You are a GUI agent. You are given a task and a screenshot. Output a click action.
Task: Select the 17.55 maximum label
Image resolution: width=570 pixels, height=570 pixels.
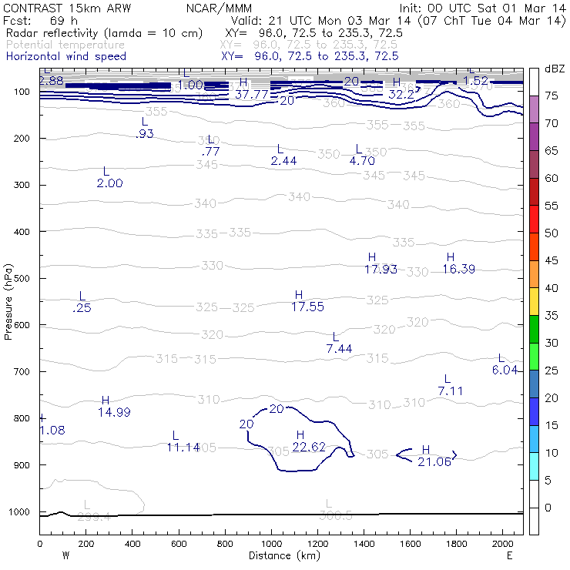click(x=307, y=307)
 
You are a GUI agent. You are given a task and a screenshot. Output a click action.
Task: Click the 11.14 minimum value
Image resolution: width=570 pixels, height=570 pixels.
click(x=183, y=447)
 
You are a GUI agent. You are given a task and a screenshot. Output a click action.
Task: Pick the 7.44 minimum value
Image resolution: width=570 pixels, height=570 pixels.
click(x=339, y=349)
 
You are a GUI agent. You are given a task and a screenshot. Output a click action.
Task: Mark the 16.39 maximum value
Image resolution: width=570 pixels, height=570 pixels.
click(x=459, y=269)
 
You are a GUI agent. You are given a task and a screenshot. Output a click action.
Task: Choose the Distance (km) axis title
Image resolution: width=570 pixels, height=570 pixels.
click(x=282, y=555)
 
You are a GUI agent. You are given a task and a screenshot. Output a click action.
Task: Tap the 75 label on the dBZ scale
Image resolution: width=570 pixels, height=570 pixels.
click(x=552, y=96)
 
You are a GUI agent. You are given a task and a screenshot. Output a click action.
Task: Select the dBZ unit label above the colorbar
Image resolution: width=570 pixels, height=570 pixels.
click(x=554, y=69)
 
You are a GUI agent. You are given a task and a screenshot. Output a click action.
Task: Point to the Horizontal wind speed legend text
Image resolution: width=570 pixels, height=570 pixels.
click(x=65, y=56)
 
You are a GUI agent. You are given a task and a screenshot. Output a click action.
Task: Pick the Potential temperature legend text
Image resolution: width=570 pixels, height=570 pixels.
click(x=65, y=45)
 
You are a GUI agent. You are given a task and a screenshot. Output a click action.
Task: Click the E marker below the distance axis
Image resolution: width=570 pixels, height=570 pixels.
click(x=509, y=555)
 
